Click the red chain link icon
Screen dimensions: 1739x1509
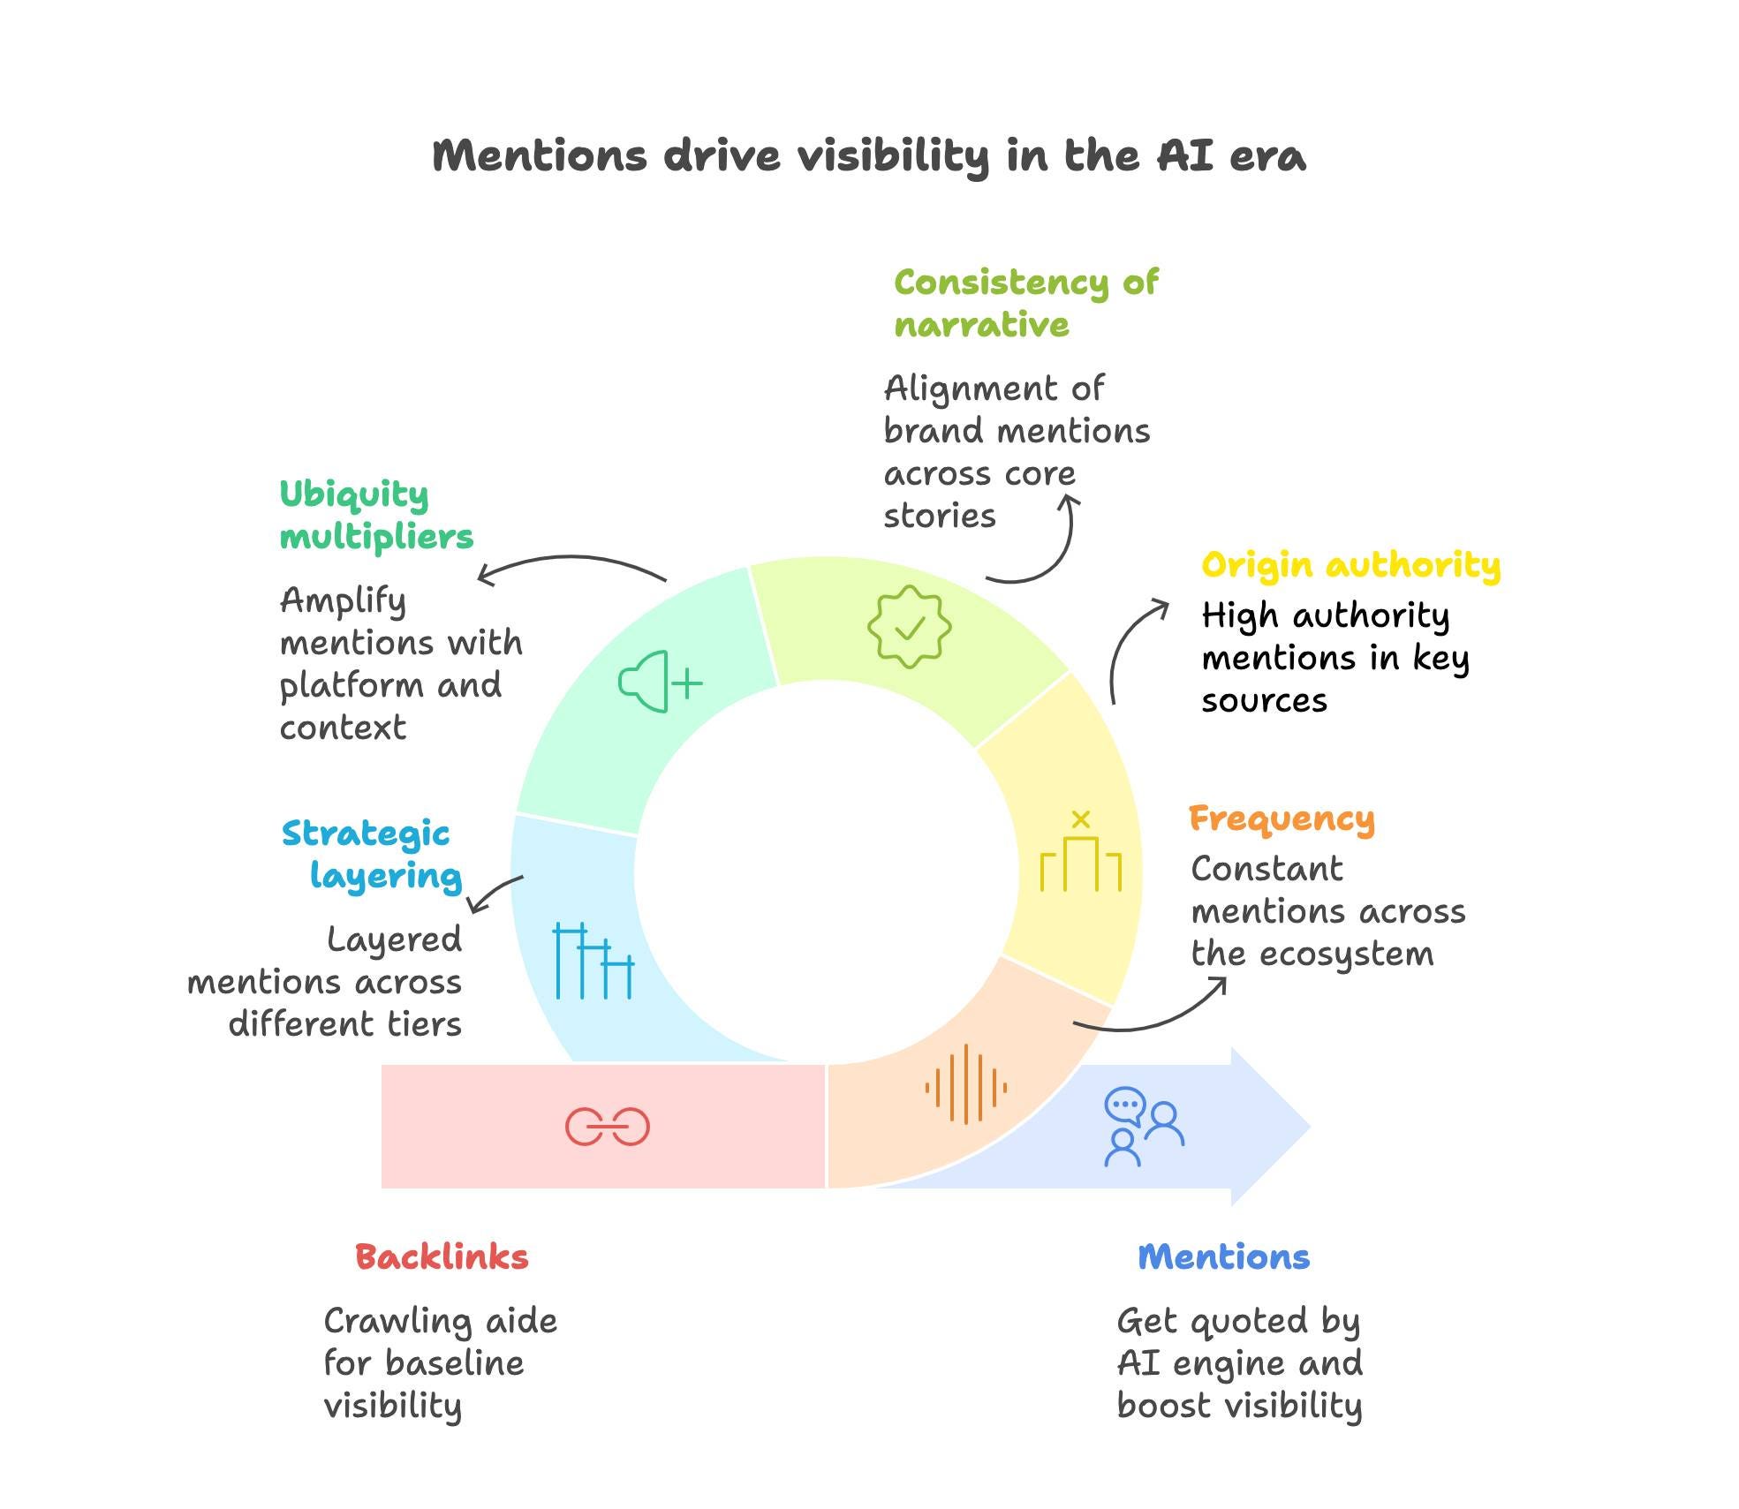pos(607,1127)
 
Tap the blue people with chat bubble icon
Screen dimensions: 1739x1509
pos(1144,1128)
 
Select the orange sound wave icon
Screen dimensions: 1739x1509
pos(965,1083)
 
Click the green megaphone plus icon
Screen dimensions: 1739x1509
pos(661,682)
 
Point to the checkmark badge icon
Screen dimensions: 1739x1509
pos(909,626)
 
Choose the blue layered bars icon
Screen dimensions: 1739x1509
pos(594,961)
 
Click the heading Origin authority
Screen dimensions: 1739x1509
pos(1350,565)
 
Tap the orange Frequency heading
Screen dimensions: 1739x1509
pos(1282,820)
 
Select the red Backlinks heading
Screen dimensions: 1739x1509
pos(442,1256)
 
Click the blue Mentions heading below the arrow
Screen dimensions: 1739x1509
pos(1223,1256)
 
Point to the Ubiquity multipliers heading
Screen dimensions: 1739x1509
pos(376,516)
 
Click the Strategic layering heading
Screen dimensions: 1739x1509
pos(372,855)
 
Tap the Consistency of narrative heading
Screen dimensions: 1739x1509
pos(1025,304)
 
